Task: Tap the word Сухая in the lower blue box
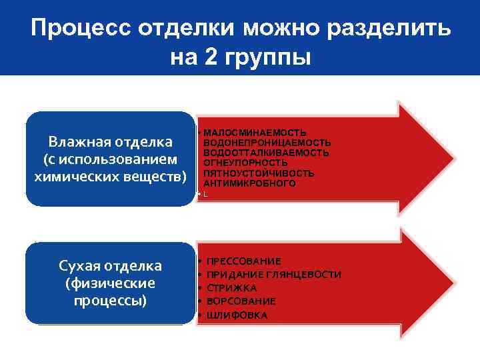[82, 266]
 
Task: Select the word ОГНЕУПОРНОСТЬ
[245, 163]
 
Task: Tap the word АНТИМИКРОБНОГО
[249, 183]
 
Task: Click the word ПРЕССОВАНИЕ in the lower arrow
[243, 261]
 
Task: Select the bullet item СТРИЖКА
[231, 288]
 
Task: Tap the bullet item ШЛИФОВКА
[237, 315]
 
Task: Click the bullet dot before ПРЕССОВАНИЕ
[200, 261]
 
